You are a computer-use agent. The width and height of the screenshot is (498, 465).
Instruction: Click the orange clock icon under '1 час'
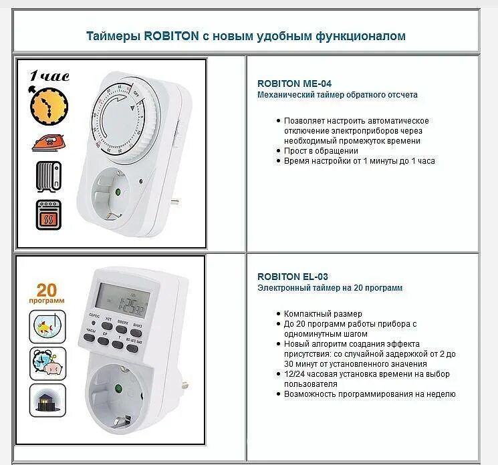click(x=49, y=105)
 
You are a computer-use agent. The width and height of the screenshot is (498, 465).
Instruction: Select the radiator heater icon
click(x=48, y=176)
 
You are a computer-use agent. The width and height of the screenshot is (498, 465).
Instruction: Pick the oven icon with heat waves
click(x=48, y=215)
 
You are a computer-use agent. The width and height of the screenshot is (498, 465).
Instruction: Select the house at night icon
click(x=47, y=400)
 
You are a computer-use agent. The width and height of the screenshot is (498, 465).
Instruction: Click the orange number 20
click(x=47, y=290)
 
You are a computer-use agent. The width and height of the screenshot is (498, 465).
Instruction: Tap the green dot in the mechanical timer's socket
click(x=118, y=192)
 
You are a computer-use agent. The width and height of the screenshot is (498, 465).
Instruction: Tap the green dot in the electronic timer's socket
click(x=118, y=388)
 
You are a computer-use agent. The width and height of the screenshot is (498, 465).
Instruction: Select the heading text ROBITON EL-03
click(x=292, y=277)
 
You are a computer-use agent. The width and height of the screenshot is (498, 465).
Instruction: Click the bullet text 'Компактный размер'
click(x=323, y=313)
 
